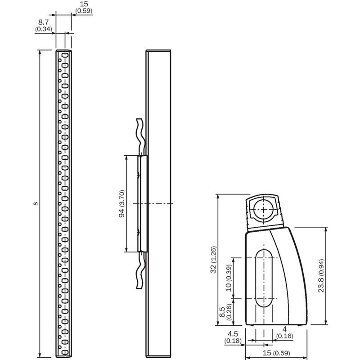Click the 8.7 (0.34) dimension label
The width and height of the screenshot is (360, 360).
pos(44,26)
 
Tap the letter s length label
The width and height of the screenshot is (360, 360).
pos(36,204)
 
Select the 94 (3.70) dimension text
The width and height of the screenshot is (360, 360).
pos(121,204)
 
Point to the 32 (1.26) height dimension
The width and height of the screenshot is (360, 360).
pos(213,260)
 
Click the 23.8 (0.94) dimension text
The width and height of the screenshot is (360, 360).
pos(321,276)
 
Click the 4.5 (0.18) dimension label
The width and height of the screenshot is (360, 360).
pos(233,337)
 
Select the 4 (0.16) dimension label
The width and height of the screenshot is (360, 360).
pos(285,333)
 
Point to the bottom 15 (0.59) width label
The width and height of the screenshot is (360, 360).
pos(276,353)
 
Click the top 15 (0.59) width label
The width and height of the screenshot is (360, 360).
pos(84,7)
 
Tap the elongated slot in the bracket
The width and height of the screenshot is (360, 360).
pos(264,278)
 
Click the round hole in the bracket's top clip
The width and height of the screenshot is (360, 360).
pos(264,209)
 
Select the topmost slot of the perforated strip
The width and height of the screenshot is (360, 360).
pos(65,55)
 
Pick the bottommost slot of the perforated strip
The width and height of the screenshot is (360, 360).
pos(65,352)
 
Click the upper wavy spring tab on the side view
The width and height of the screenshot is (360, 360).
pos(141,137)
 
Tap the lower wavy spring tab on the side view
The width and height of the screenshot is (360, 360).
pos(141,270)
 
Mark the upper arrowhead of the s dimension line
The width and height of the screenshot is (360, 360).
pos(40,52)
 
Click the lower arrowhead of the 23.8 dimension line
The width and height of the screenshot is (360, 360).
pos(326,322)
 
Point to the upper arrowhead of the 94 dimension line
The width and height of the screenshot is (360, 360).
pos(126,158)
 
